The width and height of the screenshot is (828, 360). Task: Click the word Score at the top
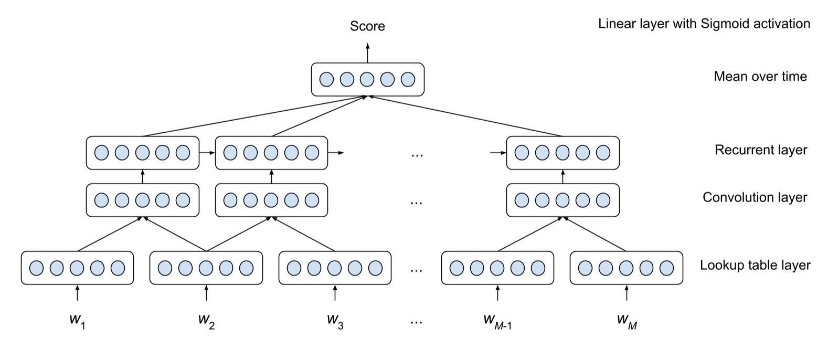click(367, 26)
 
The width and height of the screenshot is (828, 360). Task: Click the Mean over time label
click(760, 77)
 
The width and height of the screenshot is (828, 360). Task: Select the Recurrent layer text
click(760, 150)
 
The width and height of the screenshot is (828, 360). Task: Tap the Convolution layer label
click(755, 197)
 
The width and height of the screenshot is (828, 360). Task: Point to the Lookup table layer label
click(755, 266)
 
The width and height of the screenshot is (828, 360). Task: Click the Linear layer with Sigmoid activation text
click(704, 24)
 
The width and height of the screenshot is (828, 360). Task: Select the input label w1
click(77, 320)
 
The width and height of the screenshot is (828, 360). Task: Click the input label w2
click(206, 320)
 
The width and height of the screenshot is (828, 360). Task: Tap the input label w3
click(335, 320)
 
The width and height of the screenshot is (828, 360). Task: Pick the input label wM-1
click(497, 320)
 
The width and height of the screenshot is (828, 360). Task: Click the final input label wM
click(627, 320)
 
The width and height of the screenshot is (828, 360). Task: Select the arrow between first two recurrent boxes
click(207, 153)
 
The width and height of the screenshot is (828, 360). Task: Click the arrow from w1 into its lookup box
click(77, 293)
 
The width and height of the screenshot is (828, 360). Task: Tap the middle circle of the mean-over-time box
click(367, 80)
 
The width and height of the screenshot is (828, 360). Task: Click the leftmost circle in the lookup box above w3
click(294, 268)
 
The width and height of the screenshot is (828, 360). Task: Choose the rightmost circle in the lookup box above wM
click(666, 268)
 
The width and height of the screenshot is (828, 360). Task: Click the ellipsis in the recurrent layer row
click(417, 154)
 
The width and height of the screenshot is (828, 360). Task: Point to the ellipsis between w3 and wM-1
click(416, 321)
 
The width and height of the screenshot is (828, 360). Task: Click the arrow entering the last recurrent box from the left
click(498, 153)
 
